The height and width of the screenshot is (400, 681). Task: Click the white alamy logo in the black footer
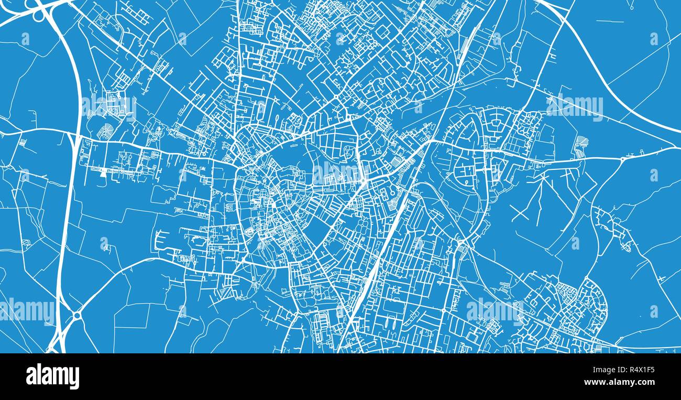pyautogui.click(x=52, y=376)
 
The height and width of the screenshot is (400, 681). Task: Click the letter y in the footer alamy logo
pyautogui.click(x=74, y=378)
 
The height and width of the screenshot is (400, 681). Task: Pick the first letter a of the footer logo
pyautogui.click(x=31, y=377)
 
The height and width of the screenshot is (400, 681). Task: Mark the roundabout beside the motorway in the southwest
pyautogui.click(x=76, y=316)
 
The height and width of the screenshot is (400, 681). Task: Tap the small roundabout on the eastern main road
pyautogui.click(x=622, y=159)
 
